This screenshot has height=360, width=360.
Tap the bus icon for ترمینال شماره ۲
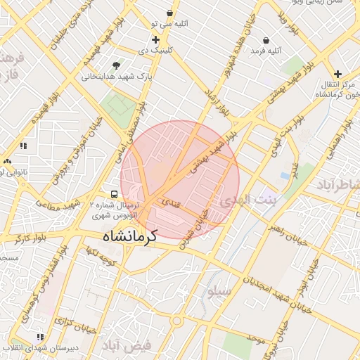coord(113,193)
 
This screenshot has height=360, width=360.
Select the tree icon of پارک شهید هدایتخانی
coord(126,65)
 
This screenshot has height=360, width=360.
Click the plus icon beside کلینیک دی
coord(155,39)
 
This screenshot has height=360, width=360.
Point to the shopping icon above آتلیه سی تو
coord(169,13)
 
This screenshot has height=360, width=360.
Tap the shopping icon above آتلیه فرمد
coord(266,40)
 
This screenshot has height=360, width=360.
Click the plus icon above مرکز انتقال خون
coord(337,73)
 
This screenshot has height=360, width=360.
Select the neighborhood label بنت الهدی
coord(248,200)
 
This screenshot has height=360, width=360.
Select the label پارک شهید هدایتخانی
coord(105,75)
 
